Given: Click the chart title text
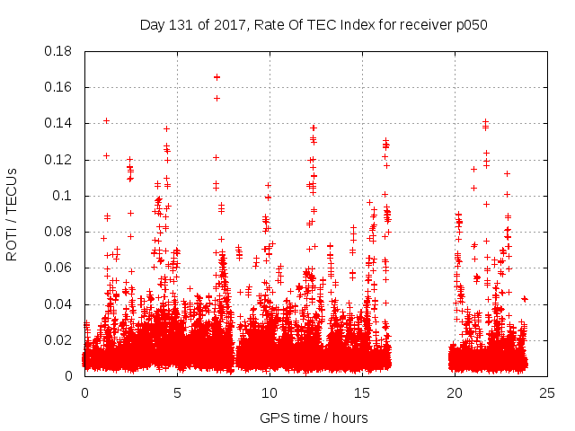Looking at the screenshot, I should (x=314, y=25).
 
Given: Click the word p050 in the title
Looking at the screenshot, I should (x=470, y=25).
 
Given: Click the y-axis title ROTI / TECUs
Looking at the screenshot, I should (x=13, y=214).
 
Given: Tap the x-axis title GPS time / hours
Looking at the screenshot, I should (x=314, y=418).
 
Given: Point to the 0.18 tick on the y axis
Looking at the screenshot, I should (x=58, y=51).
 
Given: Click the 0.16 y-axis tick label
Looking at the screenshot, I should (x=58, y=87).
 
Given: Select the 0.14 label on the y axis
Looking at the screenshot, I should (x=58, y=123).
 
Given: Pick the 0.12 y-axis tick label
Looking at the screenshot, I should (x=58, y=160).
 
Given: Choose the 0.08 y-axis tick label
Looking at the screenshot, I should (x=58, y=232).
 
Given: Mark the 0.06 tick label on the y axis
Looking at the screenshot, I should (x=58, y=268).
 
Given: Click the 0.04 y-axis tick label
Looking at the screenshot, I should (x=58, y=303).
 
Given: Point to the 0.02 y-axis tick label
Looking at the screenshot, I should (x=58, y=340).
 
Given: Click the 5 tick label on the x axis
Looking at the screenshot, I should (x=177, y=392).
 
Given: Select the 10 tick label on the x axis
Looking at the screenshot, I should (x=270, y=392).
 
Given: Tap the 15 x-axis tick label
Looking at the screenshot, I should (x=362, y=392).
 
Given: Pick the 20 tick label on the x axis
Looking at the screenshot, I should (x=455, y=392).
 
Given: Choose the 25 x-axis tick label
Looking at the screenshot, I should (x=547, y=392).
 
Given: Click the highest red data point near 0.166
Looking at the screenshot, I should (x=217, y=77).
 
